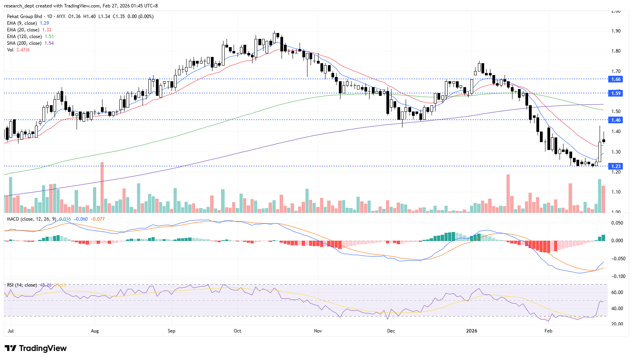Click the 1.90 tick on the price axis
pos(616,31)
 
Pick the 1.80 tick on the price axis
pos(616,51)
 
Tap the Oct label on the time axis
pos(237,331)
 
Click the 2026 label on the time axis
pos(471,331)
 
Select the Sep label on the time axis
pos(171,331)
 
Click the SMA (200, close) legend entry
pos(24,43)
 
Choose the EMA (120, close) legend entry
pos(24,37)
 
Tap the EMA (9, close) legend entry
pos(22,23)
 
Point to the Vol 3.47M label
pos(18,50)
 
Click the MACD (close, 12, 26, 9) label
pos(31,219)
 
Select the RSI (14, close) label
pos(22,285)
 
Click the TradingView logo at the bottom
pos(36,348)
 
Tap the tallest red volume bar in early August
pos(102,187)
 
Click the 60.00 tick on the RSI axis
pos(617,292)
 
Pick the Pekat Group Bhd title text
pos(24,16)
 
